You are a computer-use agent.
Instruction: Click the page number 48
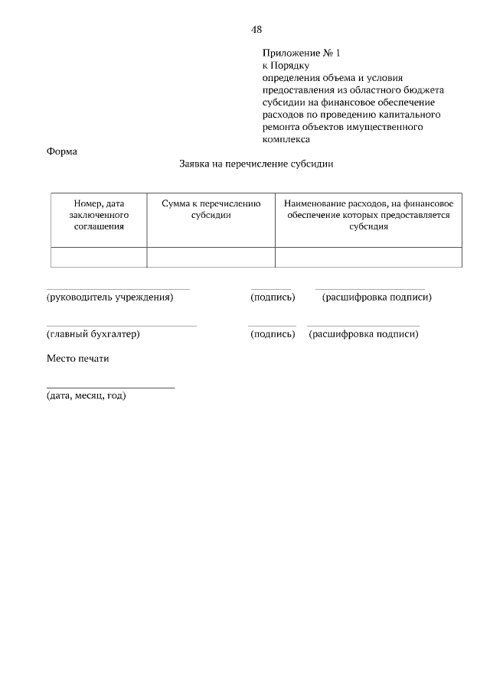click(x=256, y=30)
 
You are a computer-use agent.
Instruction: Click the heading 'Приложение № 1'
click(x=300, y=54)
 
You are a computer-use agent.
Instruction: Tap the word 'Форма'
click(x=62, y=151)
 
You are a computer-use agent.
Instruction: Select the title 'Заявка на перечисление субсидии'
click(x=256, y=164)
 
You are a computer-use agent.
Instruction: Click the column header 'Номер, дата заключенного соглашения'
click(x=99, y=215)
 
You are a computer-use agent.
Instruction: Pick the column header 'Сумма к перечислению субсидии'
click(x=211, y=210)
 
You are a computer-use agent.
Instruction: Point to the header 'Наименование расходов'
click(x=368, y=215)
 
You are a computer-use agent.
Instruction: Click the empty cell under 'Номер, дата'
click(x=99, y=258)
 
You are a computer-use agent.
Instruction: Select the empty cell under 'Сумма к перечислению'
click(x=211, y=258)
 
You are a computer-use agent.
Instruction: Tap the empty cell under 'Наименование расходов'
click(x=368, y=258)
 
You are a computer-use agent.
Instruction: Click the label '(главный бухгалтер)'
click(x=93, y=333)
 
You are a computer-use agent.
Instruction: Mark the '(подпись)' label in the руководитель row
click(x=273, y=297)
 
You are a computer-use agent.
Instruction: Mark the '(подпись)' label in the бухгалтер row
click(x=273, y=333)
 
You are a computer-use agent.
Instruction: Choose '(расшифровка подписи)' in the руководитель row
click(x=377, y=297)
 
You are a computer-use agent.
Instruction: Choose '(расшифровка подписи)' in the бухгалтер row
click(x=364, y=333)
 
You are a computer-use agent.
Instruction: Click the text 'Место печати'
click(x=78, y=359)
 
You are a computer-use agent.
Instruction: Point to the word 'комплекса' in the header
click(x=286, y=140)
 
